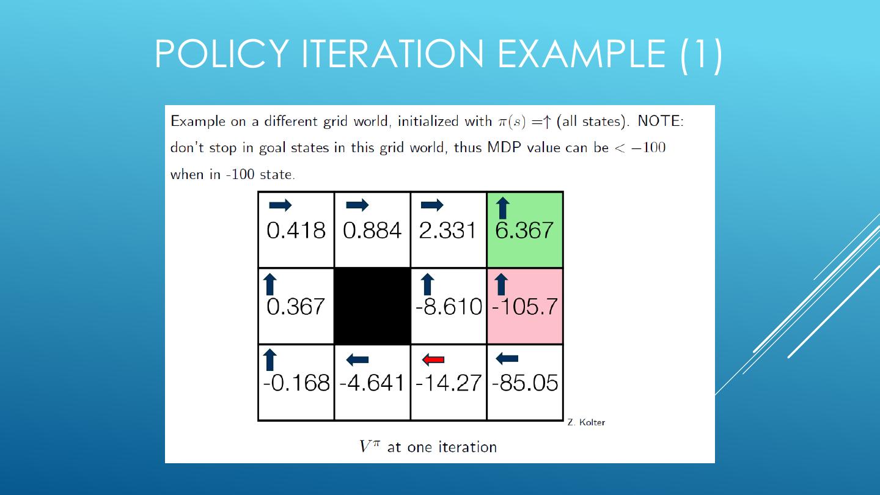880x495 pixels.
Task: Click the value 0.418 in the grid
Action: coord(296,230)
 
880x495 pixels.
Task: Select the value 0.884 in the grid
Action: coord(372,230)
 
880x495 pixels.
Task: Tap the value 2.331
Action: coord(448,230)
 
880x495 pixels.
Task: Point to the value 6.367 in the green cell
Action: coord(524,230)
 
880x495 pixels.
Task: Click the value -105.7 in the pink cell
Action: coord(525,306)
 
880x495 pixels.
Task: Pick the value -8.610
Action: coord(449,306)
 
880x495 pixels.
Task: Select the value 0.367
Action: coord(296,306)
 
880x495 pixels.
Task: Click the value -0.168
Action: coord(296,383)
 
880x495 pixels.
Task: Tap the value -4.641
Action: coord(372,383)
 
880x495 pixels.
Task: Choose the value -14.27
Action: coord(449,383)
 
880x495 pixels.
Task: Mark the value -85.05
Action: coord(525,383)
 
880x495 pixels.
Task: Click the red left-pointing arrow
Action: coord(433,359)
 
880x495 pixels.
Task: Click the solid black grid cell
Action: coord(372,306)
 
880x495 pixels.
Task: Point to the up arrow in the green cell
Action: coord(502,207)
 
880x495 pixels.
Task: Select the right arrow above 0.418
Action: coord(280,205)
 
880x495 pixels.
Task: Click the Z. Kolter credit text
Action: coord(586,422)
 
